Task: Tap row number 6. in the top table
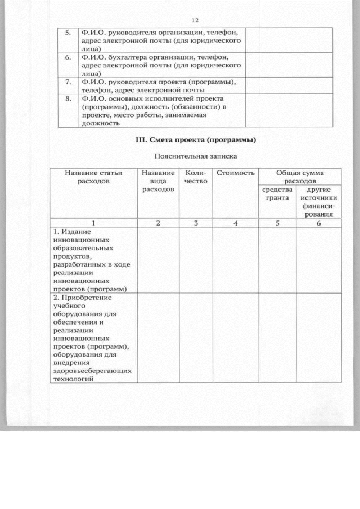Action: [x=67, y=57]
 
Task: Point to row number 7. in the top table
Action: [x=67, y=82]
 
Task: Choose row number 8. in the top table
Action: [x=67, y=98]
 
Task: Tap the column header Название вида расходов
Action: [x=158, y=182]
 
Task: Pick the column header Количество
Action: [x=196, y=177]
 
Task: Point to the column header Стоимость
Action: [x=236, y=173]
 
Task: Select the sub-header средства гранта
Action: [x=277, y=193]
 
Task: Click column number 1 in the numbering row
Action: [x=93, y=223]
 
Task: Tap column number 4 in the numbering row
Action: [x=236, y=223]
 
